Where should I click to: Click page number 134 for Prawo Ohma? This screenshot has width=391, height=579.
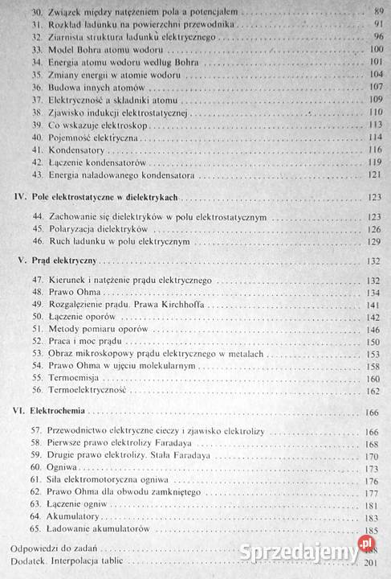point(373,293)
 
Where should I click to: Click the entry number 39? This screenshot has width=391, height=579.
point(35,125)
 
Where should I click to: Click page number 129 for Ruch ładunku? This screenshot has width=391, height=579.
point(373,241)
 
